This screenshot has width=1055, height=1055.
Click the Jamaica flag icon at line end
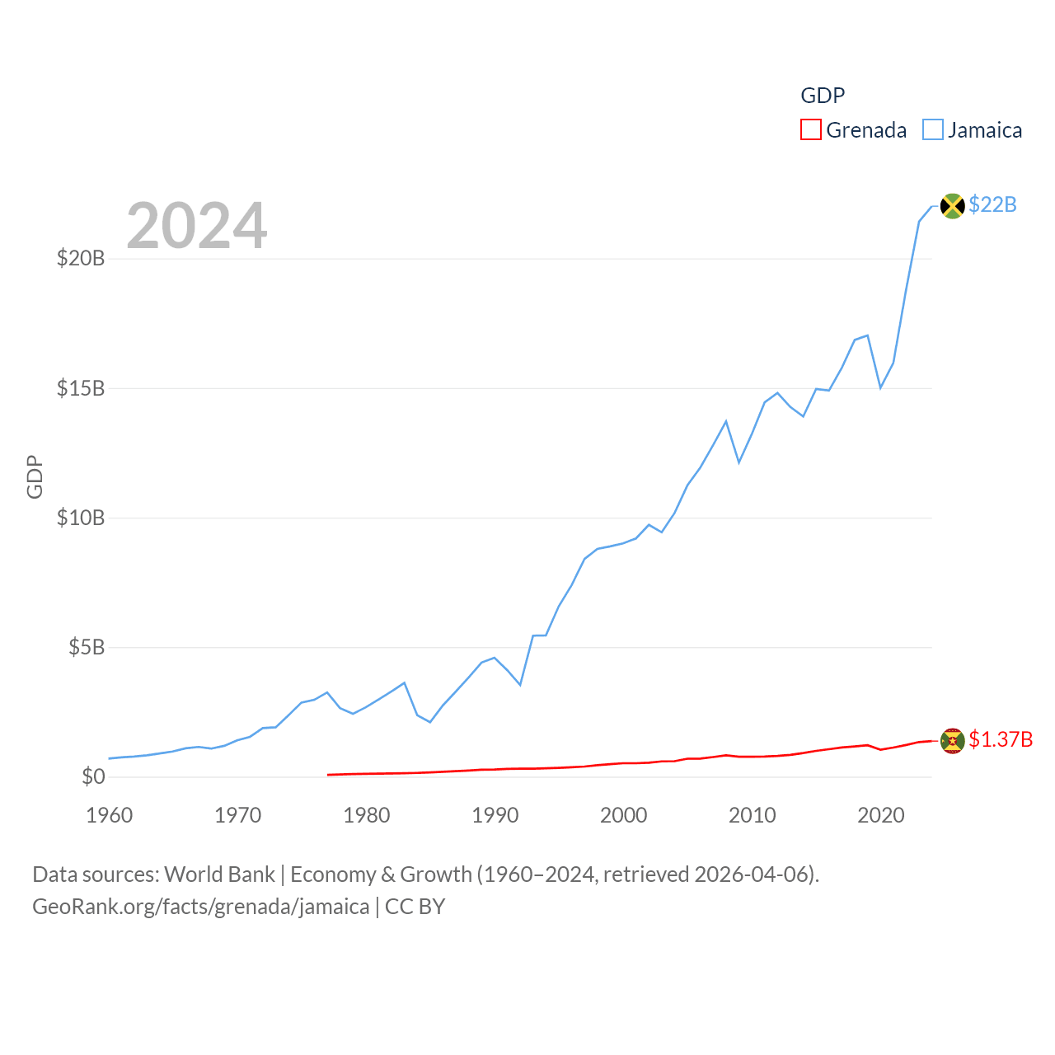point(952,206)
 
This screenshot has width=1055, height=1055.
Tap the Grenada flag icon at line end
point(952,741)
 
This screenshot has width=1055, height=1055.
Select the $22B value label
point(992,204)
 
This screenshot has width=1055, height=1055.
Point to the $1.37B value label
point(1001,739)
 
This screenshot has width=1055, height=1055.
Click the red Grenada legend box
point(811,130)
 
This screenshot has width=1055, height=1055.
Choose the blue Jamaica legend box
point(932,130)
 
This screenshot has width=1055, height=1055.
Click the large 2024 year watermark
point(197,226)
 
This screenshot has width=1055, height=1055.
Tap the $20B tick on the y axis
point(81,259)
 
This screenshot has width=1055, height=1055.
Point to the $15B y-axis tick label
point(81,388)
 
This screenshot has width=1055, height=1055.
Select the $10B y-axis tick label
point(81,518)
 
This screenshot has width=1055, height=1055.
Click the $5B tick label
point(87,647)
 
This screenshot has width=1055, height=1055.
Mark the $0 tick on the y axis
point(93,776)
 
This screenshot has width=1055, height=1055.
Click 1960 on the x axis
point(110,815)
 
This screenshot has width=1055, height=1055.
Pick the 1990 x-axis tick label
point(495,815)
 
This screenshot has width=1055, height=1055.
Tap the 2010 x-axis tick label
point(753,815)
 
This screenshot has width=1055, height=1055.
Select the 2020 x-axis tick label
point(881,815)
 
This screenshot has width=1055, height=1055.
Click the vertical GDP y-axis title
point(35,476)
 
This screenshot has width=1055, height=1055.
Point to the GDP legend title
point(823,96)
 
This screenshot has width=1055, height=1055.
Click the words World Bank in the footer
point(219,874)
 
